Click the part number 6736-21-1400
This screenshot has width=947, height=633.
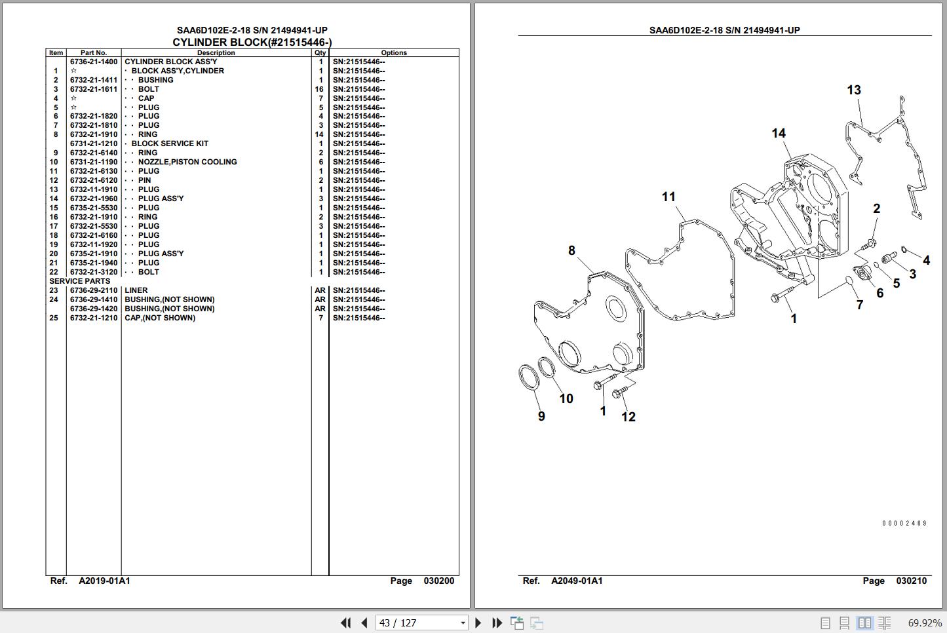[x=94, y=62]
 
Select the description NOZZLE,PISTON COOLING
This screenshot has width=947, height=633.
[x=187, y=162]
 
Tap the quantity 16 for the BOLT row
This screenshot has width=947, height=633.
[x=319, y=89]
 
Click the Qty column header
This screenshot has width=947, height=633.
[x=320, y=52]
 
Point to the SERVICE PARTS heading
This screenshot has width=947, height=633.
[x=80, y=281]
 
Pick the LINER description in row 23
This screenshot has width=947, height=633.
[x=136, y=290]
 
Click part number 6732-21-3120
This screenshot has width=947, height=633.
[x=94, y=272]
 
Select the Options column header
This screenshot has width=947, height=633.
[x=394, y=52]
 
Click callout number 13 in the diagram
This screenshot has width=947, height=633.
[x=853, y=90]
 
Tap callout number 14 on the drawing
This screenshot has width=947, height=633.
[x=778, y=133]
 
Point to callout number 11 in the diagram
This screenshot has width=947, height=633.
[x=668, y=197]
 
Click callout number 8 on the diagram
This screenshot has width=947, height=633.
[x=571, y=250]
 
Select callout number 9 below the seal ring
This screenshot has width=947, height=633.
[x=541, y=416]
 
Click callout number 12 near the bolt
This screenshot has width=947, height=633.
[x=628, y=417]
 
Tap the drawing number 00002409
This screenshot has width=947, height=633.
[x=904, y=524]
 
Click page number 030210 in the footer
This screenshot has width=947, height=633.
[x=911, y=581]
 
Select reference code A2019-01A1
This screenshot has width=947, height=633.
[x=104, y=581]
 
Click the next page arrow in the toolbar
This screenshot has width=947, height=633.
[x=478, y=623]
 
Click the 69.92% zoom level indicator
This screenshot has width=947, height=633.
[x=924, y=623]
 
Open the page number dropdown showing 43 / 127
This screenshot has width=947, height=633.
[x=463, y=623]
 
